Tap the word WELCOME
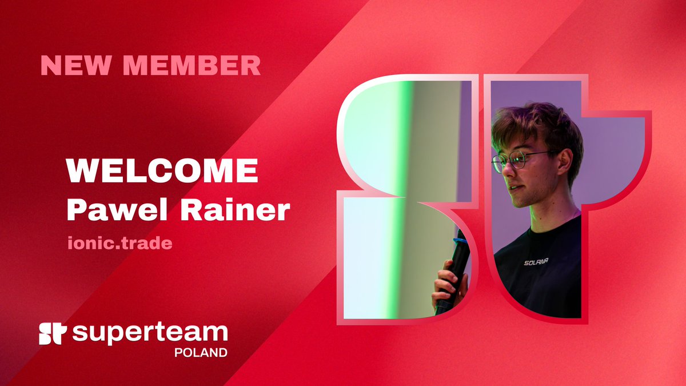[162, 171]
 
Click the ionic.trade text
[119, 242]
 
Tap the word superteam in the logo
[150, 333]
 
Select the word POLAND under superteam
[201, 352]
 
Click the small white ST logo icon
[53, 333]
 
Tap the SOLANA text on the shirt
[536, 262]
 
